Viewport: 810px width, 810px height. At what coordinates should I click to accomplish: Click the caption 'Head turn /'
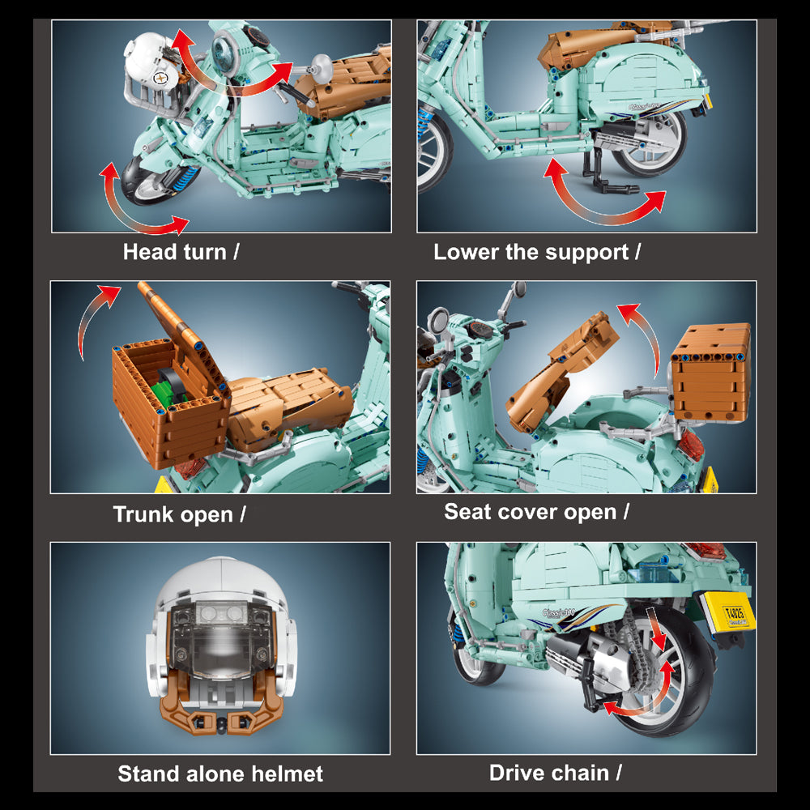[x=181, y=252]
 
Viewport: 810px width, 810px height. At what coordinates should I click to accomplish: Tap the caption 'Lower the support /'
[x=537, y=252]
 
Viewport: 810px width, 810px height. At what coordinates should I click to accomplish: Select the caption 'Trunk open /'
[x=179, y=514]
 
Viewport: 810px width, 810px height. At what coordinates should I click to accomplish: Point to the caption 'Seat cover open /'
[x=536, y=511]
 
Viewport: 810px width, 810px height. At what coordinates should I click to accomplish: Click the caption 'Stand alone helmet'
[x=220, y=774]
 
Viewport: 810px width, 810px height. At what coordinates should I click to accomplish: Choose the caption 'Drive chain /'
[x=556, y=773]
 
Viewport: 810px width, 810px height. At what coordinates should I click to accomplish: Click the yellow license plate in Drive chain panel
[x=728, y=611]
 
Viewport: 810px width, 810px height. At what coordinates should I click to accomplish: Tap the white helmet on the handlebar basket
[x=151, y=62]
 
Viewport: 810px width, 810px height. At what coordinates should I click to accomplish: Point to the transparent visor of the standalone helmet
[x=221, y=641]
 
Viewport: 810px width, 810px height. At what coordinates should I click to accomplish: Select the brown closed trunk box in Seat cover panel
[x=711, y=373]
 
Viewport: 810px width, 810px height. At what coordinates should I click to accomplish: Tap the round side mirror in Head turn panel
[x=321, y=67]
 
